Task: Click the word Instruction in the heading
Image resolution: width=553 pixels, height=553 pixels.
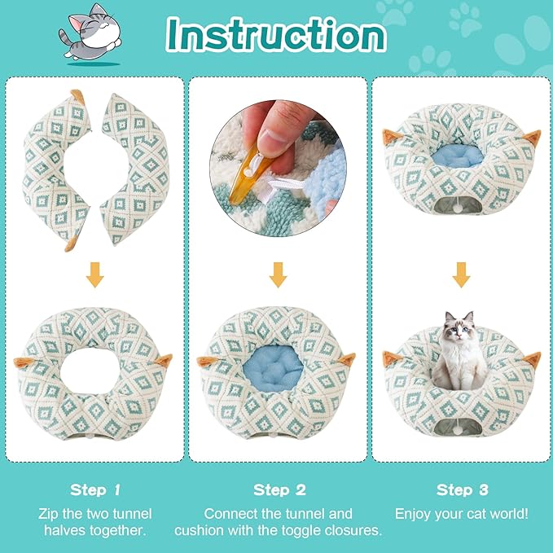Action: [276, 34]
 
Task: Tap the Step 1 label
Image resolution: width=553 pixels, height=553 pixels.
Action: [95, 489]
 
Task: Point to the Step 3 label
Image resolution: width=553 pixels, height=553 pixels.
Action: [461, 489]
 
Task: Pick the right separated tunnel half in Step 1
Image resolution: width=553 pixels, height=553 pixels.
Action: [138, 167]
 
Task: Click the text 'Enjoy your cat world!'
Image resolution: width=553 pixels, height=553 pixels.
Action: [461, 514]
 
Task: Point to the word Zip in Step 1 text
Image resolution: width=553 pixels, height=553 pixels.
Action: [49, 514]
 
